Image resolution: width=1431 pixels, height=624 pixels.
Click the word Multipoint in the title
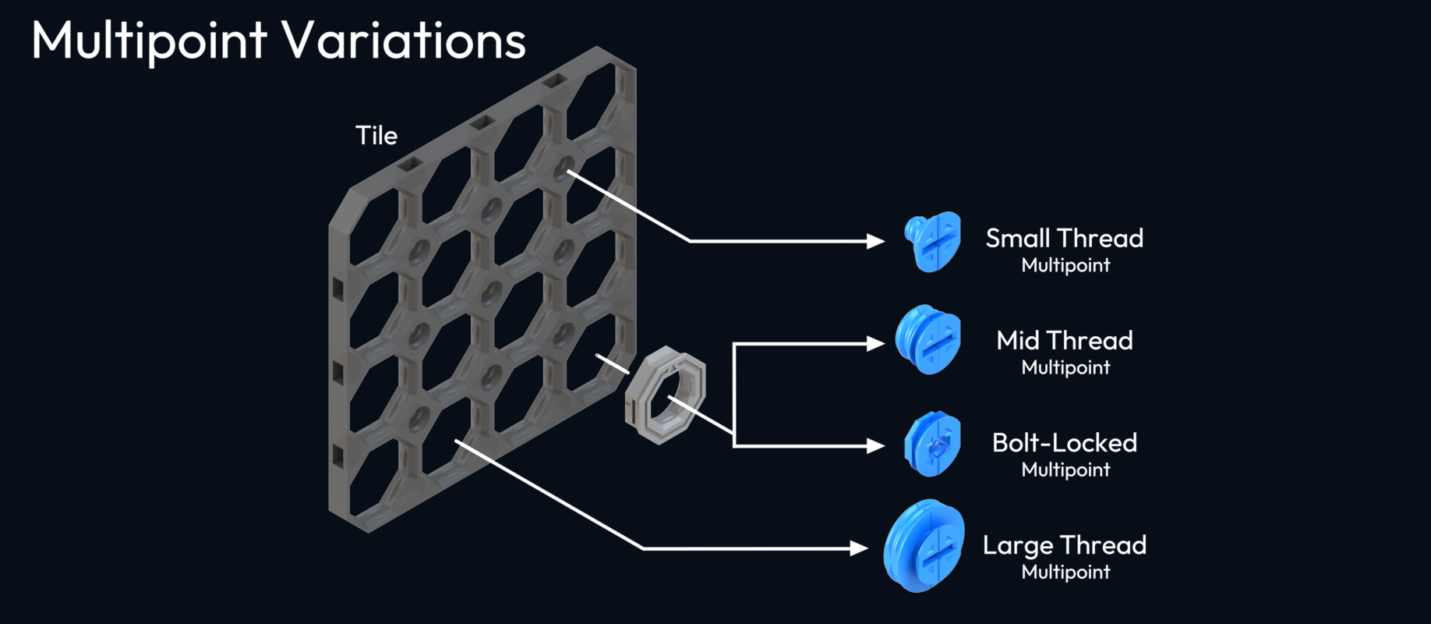click(149, 41)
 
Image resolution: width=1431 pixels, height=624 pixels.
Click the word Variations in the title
click(403, 41)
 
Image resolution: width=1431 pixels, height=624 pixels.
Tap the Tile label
click(376, 136)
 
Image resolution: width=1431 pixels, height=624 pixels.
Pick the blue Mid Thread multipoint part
click(927, 339)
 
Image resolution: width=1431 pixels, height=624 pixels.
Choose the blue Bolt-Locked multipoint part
click(932, 444)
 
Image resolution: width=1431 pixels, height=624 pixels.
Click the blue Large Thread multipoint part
click(924, 546)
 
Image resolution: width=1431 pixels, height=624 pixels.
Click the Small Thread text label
click(1064, 238)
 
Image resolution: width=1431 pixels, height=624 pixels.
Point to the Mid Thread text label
click(1064, 340)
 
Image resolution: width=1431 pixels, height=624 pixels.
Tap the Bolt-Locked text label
click(1064, 442)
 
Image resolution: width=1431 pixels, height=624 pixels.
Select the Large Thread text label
click(1064, 544)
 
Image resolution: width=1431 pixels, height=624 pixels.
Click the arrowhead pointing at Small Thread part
click(876, 241)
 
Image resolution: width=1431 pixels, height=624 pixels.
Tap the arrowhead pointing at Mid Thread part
click(876, 343)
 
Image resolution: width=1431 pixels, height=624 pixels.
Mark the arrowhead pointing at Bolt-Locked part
click(876, 445)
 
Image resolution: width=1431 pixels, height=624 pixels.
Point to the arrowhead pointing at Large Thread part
click(860, 548)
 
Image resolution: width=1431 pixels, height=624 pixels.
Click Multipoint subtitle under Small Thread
click(1065, 265)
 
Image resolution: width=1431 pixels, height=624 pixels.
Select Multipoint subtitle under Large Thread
click(1065, 572)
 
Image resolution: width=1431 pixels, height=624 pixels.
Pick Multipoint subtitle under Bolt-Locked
click(1065, 470)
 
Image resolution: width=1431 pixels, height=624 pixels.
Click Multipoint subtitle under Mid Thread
click(1065, 367)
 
